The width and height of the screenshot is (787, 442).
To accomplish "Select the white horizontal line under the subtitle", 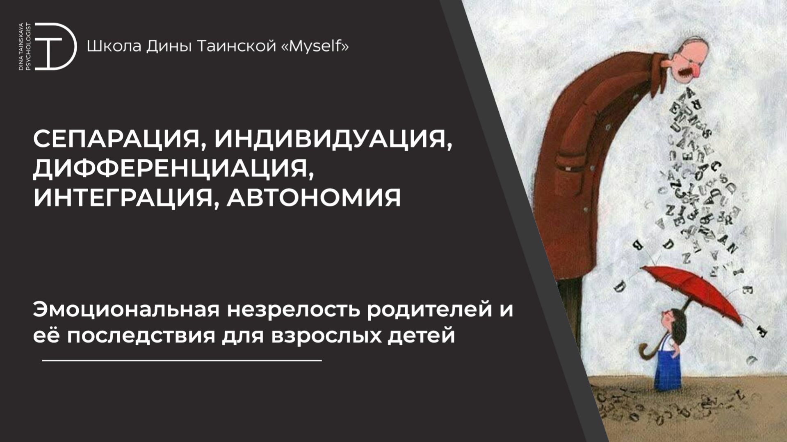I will coord(182,360).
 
